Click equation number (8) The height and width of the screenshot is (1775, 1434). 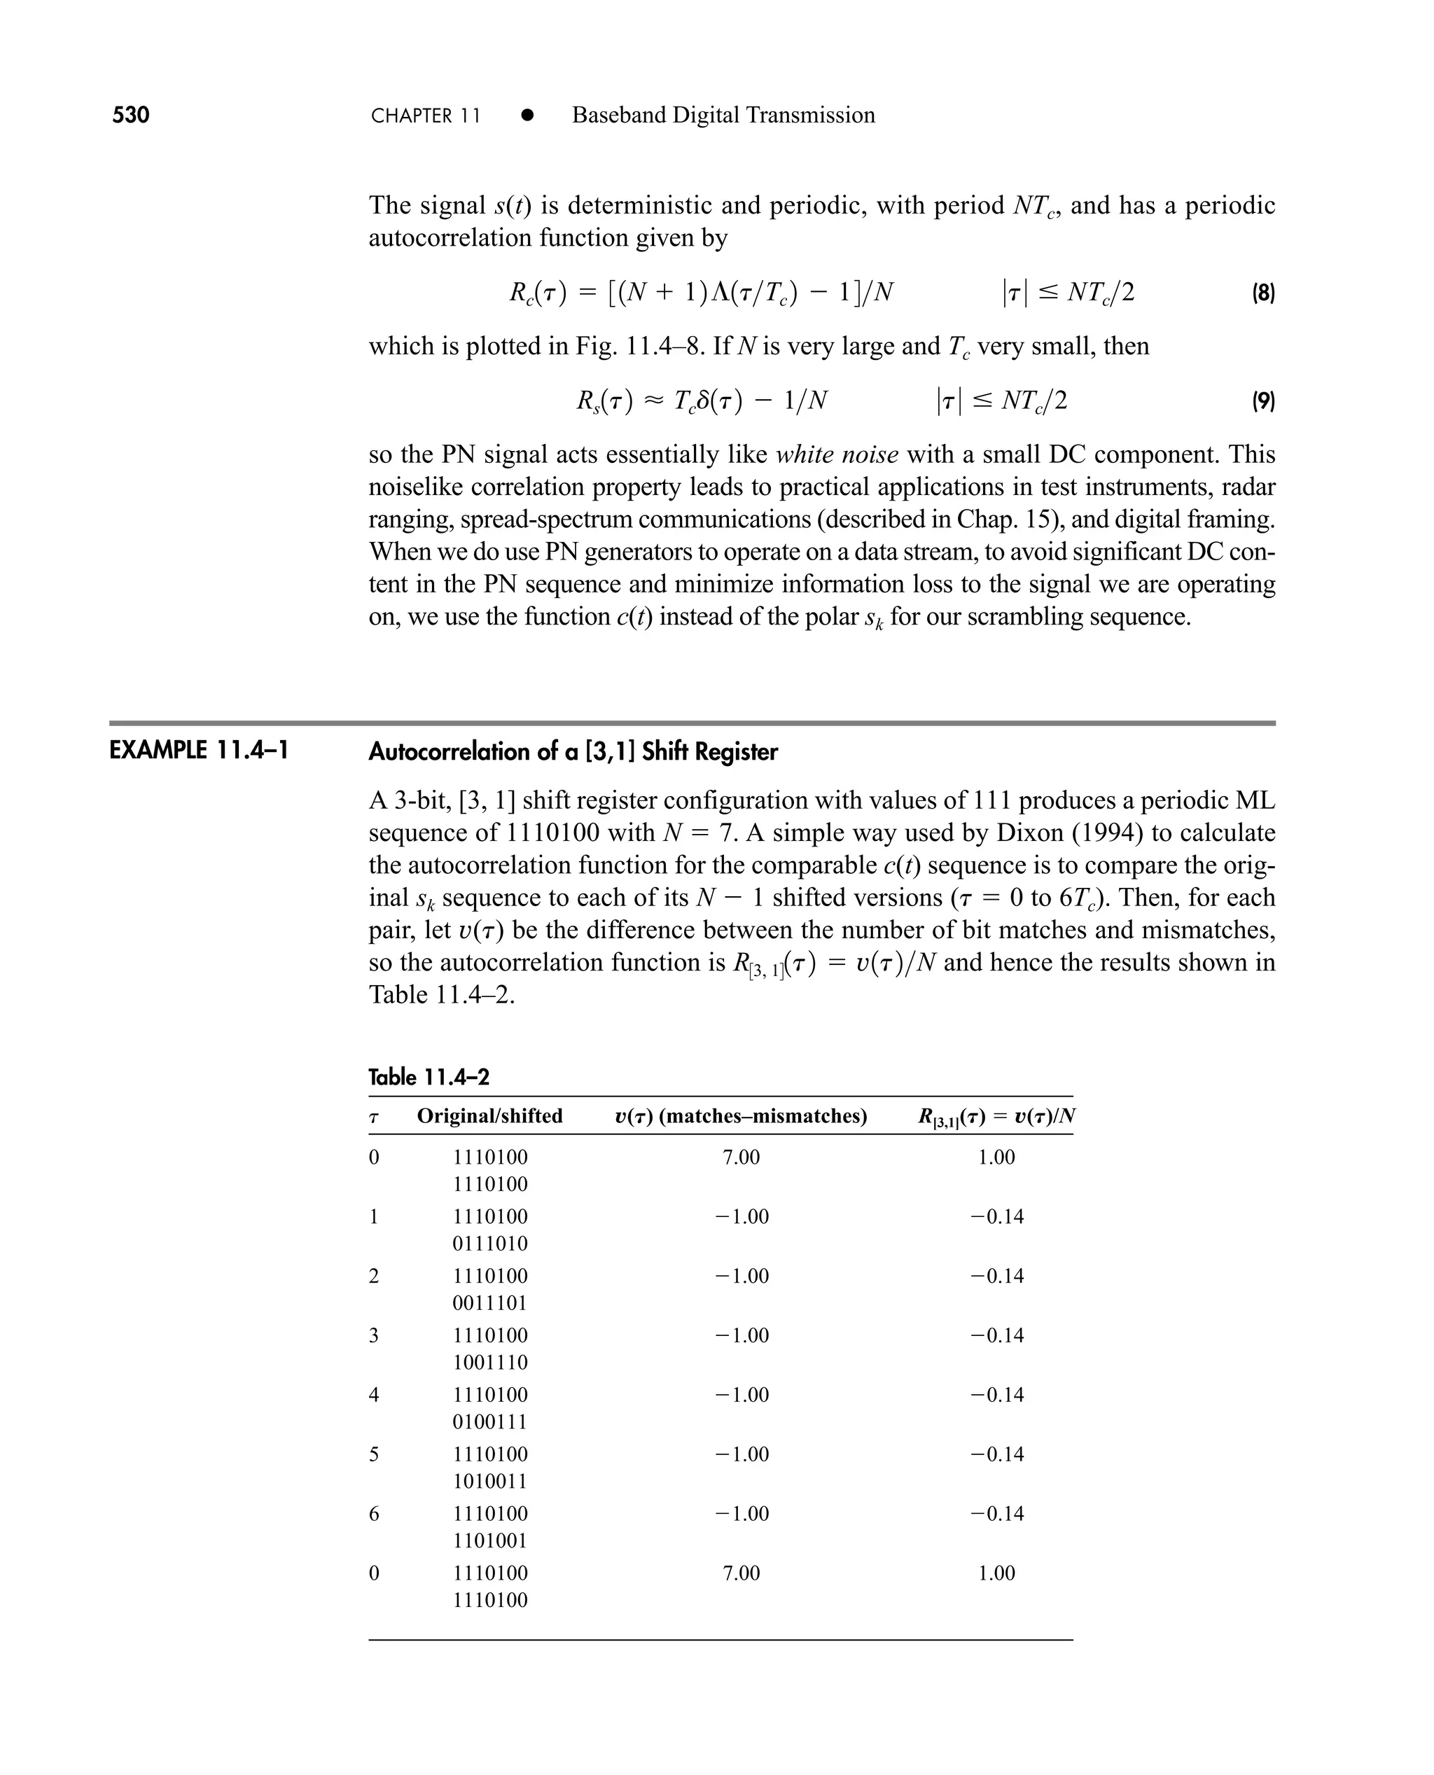[x=1262, y=293]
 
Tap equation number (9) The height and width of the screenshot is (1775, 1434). [x=1262, y=401]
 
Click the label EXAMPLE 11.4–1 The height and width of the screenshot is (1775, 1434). [x=199, y=751]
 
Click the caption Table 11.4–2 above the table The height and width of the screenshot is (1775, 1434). [x=429, y=1077]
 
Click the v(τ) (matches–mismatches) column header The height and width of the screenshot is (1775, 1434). [x=741, y=1117]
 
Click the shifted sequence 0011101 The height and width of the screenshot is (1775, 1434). [x=490, y=1303]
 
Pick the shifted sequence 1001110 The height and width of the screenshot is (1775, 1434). [x=490, y=1363]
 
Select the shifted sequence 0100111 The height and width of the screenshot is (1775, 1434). [x=490, y=1422]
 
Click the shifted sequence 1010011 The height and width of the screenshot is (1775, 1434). [x=490, y=1482]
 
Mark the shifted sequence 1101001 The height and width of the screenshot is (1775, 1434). [x=490, y=1541]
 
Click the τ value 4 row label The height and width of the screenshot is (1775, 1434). [x=373, y=1395]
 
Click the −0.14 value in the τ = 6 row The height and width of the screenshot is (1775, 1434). [x=996, y=1514]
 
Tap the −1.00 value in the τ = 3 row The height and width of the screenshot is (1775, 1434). [x=741, y=1335]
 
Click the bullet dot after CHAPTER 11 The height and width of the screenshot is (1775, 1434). [x=527, y=116]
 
